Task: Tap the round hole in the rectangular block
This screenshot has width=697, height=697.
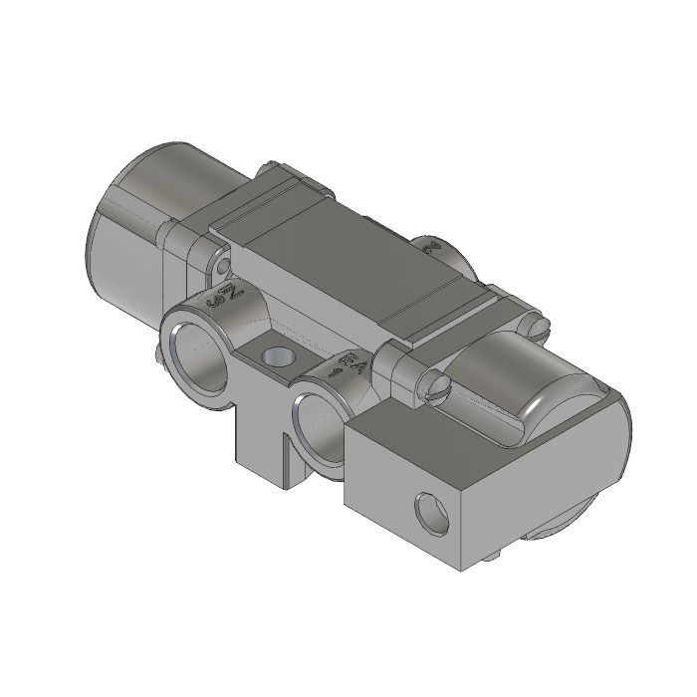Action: point(434,514)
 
